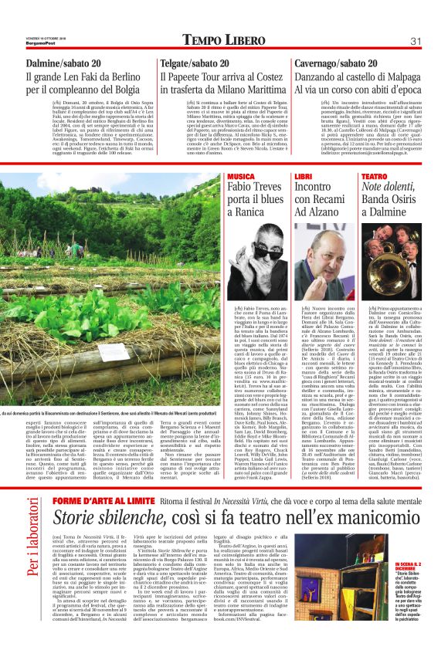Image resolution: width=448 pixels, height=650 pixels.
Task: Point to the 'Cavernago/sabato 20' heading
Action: click(x=337, y=63)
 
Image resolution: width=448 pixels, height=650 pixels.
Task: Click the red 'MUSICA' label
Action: click(x=241, y=177)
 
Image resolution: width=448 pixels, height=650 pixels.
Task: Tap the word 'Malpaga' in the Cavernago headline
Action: click(x=394, y=78)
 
